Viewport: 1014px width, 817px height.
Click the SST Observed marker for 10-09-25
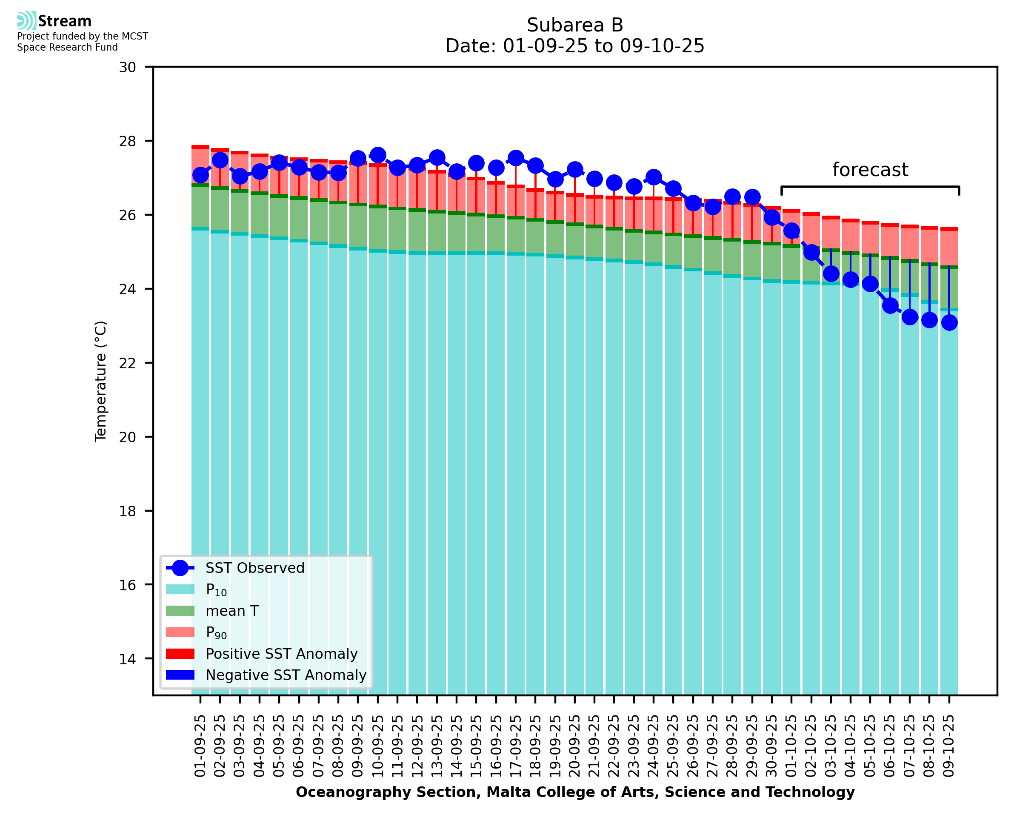(x=377, y=155)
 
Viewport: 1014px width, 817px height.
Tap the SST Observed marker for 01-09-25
(x=200, y=175)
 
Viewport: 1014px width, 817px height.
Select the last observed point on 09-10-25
(x=949, y=322)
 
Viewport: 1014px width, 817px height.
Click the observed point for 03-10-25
(x=831, y=273)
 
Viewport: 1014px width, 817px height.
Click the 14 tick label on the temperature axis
(x=127, y=659)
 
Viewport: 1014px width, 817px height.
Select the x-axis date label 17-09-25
(x=516, y=746)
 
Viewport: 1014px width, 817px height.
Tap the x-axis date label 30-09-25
(x=771, y=746)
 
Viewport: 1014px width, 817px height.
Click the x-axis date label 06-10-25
(x=890, y=746)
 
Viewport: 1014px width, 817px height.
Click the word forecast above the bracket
(x=870, y=170)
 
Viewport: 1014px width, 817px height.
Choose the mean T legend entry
(x=232, y=611)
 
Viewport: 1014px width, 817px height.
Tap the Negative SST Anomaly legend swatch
(x=180, y=675)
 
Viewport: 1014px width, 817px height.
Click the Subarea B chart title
(x=575, y=25)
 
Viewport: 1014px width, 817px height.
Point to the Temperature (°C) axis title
(x=101, y=381)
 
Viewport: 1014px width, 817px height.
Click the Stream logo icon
(x=26, y=21)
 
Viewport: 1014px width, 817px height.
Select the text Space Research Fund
(x=67, y=48)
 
